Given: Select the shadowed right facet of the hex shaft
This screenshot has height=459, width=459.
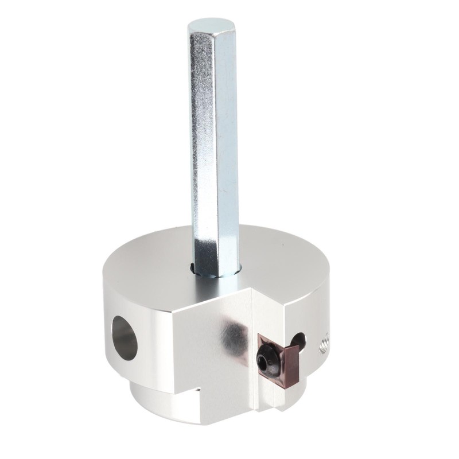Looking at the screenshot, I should [x=228, y=143].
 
